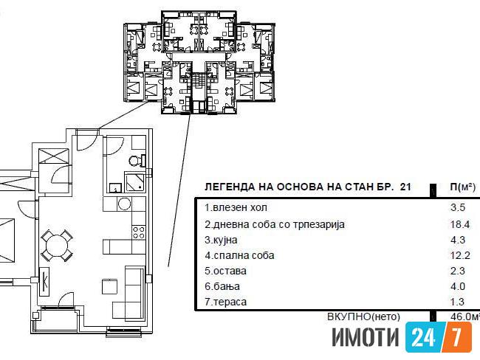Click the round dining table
(57, 246)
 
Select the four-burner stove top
(138, 232)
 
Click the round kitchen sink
(124, 204)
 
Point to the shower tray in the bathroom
(134, 181)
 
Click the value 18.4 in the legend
(460, 224)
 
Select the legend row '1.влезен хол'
(236, 208)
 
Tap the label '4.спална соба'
(239, 255)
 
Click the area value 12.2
(460, 255)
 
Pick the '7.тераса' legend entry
(226, 302)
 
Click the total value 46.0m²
(464, 316)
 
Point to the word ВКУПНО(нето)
(363, 316)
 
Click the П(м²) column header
(462, 187)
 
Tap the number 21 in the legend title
(405, 187)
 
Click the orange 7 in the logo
(456, 337)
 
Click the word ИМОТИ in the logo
(366, 337)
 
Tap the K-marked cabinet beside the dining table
(45, 281)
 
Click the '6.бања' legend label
(222, 286)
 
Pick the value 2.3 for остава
(457, 271)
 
